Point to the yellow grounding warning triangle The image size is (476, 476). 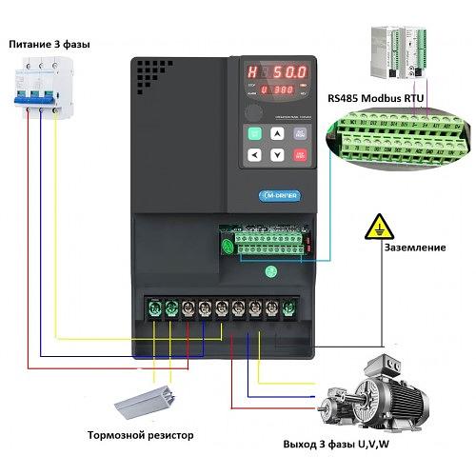pyautogui.click(x=379, y=228)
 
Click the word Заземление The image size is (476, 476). pyautogui.click(x=414, y=248)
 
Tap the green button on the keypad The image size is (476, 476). pyautogui.click(x=254, y=134)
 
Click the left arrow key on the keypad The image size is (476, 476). pyautogui.click(x=254, y=154)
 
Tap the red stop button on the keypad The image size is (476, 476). pyautogui.click(x=300, y=154)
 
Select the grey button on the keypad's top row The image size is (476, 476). pyautogui.click(x=300, y=134)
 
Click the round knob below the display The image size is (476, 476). pyautogui.click(x=254, y=110)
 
